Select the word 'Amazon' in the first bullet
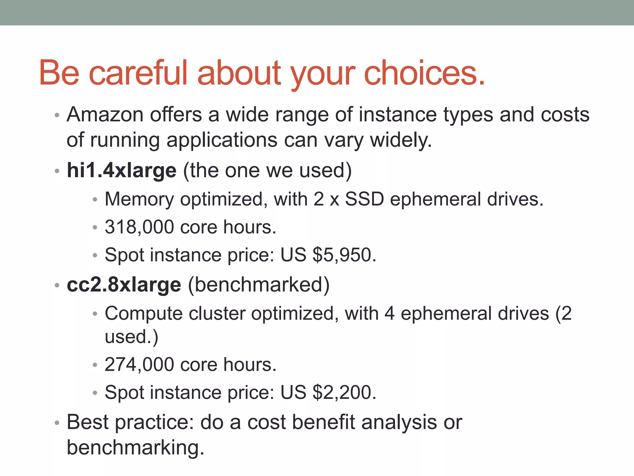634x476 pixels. pyautogui.click(x=105, y=115)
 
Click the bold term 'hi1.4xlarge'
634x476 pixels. pyautogui.click(x=122, y=170)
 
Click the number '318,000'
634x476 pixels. pyautogui.click(x=139, y=227)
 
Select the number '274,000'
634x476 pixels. pyautogui.click(x=139, y=364)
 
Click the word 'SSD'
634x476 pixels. pyautogui.click(x=364, y=199)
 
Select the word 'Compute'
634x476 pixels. pyautogui.click(x=144, y=314)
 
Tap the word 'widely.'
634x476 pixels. pyautogui.click(x=401, y=140)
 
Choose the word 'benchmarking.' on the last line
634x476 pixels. pyautogui.click(x=136, y=447)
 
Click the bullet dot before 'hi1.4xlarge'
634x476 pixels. pyautogui.click(x=57, y=171)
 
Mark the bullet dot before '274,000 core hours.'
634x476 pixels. pyautogui.click(x=95, y=365)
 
